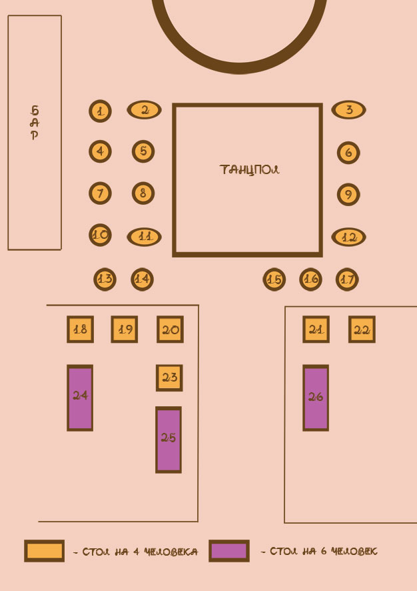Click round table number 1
[x=100, y=111]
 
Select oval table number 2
[x=145, y=109]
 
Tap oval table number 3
[x=348, y=109]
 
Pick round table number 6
[x=348, y=153]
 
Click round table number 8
[x=143, y=193]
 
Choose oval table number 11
[x=145, y=236]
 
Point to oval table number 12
[x=348, y=237]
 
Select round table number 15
[x=274, y=279]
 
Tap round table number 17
[x=347, y=279]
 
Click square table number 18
[x=80, y=329]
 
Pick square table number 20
[x=170, y=329]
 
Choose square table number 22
[x=362, y=330]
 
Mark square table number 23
[x=169, y=378]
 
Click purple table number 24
[x=80, y=398]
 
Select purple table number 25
[x=169, y=440]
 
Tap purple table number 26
[x=316, y=398]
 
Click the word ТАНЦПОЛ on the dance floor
[x=249, y=169]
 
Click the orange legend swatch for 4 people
[x=44, y=551]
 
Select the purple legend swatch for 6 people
[x=228, y=551]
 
